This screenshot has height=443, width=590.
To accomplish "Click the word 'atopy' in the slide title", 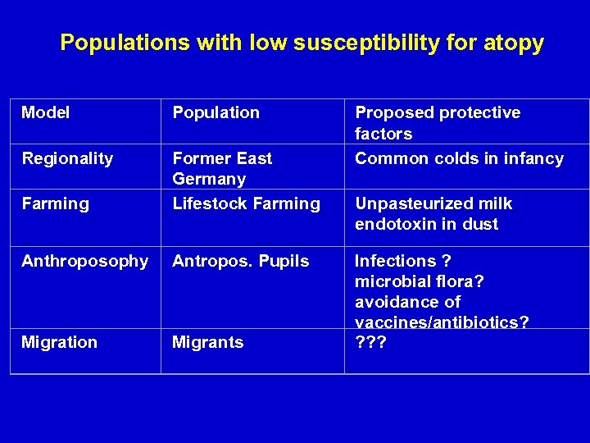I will [514, 43].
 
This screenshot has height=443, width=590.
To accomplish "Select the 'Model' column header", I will [45, 112].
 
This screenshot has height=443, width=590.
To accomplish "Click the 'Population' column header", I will [216, 112].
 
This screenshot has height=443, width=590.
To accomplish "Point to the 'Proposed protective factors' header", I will [437, 122].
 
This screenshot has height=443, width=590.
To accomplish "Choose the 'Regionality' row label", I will [67, 158].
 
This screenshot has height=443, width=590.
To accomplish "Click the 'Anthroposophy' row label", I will [84, 261].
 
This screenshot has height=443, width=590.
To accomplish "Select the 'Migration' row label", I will [59, 342].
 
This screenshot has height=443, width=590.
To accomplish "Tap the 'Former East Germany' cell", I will [221, 168].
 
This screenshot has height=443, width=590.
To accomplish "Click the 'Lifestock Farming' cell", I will [246, 203].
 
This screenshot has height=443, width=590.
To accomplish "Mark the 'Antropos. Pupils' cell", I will [240, 261].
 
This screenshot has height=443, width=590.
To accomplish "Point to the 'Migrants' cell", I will [207, 342].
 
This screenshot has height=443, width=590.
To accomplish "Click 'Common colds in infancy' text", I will [459, 158].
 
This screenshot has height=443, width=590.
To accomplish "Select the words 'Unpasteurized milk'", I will [433, 203].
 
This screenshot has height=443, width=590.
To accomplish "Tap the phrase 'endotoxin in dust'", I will [426, 224].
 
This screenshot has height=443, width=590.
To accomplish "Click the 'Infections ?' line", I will [402, 261].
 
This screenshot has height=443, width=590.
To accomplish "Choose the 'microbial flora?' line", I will [420, 281].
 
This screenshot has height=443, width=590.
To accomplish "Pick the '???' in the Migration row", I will [370, 342].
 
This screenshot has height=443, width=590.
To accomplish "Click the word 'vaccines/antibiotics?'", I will [442, 322].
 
